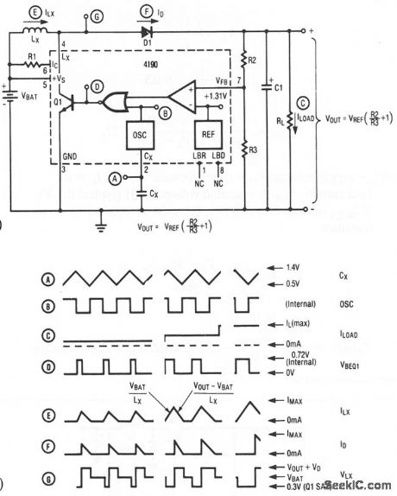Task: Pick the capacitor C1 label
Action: (x=277, y=88)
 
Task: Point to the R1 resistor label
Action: (x=32, y=57)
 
